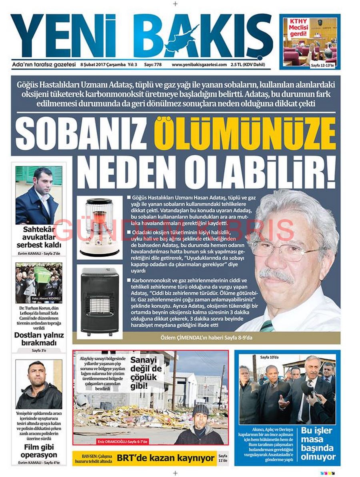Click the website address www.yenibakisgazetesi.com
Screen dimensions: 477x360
pos(199,64)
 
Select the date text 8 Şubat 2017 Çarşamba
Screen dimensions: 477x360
pos(103,64)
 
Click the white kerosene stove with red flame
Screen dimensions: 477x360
pos(99,228)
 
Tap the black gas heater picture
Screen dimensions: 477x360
pos(100,301)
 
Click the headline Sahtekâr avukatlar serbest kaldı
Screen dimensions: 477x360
pos(39,237)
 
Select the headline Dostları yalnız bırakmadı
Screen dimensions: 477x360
pos(39,339)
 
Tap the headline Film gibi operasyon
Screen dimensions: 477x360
pos(39,451)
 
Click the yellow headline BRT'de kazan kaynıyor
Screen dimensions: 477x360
pos(166,458)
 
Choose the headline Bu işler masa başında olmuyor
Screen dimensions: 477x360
pos(318,443)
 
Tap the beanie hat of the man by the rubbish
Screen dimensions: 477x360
pos(200,409)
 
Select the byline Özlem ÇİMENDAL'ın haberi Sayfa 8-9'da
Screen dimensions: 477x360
pos(206,338)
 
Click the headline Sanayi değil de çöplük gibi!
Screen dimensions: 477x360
pos(146,373)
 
